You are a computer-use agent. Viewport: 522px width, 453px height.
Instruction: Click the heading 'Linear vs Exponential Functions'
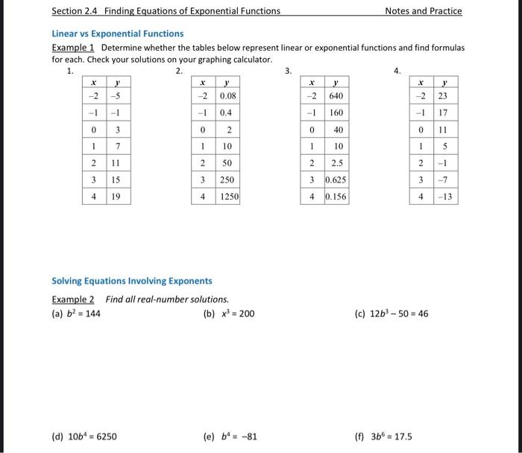[117, 34]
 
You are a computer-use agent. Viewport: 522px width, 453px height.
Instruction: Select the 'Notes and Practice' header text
[423, 11]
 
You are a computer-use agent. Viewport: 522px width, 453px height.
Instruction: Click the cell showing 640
[336, 95]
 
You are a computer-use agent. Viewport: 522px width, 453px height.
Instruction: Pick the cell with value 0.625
[335, 180]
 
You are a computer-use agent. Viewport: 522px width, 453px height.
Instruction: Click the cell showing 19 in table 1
[116, 197]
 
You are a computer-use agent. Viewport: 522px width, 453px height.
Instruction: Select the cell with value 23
[443, 95]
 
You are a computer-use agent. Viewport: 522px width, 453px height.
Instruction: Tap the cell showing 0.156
[335, 197]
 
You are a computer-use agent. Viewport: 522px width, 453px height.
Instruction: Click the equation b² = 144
[76, 314]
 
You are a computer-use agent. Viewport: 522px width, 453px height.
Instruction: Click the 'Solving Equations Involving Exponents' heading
[131, 281]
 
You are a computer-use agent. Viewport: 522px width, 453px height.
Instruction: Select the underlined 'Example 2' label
[75, 300]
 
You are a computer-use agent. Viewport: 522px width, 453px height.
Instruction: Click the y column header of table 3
[336, 82]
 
